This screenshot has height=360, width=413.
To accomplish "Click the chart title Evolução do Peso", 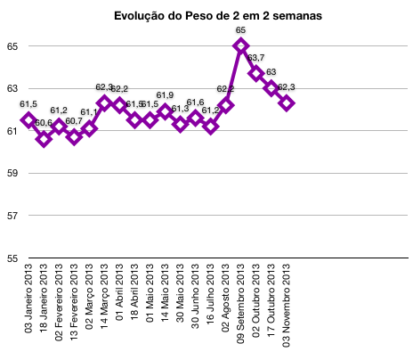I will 206,15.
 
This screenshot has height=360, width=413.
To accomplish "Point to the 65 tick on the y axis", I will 11,45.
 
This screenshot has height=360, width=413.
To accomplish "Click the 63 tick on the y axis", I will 11,88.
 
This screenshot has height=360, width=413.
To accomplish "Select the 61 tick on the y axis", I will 11,131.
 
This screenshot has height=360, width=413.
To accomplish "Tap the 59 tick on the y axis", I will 11,173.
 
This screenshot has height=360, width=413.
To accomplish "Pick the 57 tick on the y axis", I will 11,216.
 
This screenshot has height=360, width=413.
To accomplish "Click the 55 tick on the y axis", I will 11,258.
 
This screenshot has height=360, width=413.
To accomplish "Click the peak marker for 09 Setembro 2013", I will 241,45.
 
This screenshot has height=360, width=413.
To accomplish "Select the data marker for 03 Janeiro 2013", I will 28,119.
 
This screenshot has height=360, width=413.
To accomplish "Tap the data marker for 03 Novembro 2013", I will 287,102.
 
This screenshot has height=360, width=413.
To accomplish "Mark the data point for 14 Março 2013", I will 104,102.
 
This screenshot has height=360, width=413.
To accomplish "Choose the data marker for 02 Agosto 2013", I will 226,105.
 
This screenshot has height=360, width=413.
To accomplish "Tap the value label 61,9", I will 165,95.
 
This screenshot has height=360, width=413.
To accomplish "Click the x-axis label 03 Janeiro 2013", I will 28,307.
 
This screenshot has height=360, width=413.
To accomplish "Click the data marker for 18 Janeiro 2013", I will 44,139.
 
